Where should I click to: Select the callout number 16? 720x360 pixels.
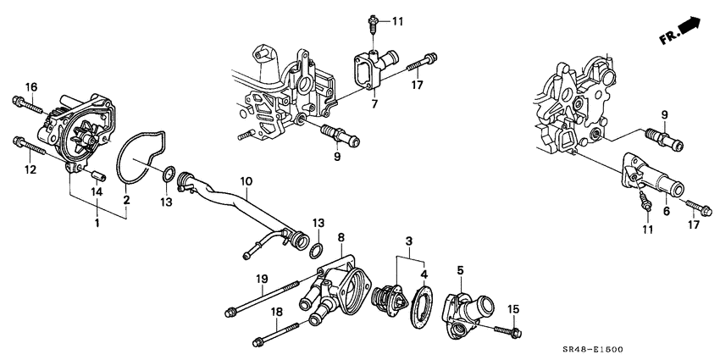[x=30, y=87]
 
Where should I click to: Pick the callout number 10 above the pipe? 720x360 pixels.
[x=246, y=180]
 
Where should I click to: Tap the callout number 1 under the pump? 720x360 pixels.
[x=97, y=224]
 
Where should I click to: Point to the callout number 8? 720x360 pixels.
[x=341, y=238]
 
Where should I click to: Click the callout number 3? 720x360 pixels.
[x=411, y=242]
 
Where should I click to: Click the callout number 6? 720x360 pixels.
[x=666, y=211]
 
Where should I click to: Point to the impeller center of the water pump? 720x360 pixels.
[x=84, y=137]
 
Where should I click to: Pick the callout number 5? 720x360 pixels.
[x=460, y=271]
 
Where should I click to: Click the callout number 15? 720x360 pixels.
[x=512, y=307]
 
